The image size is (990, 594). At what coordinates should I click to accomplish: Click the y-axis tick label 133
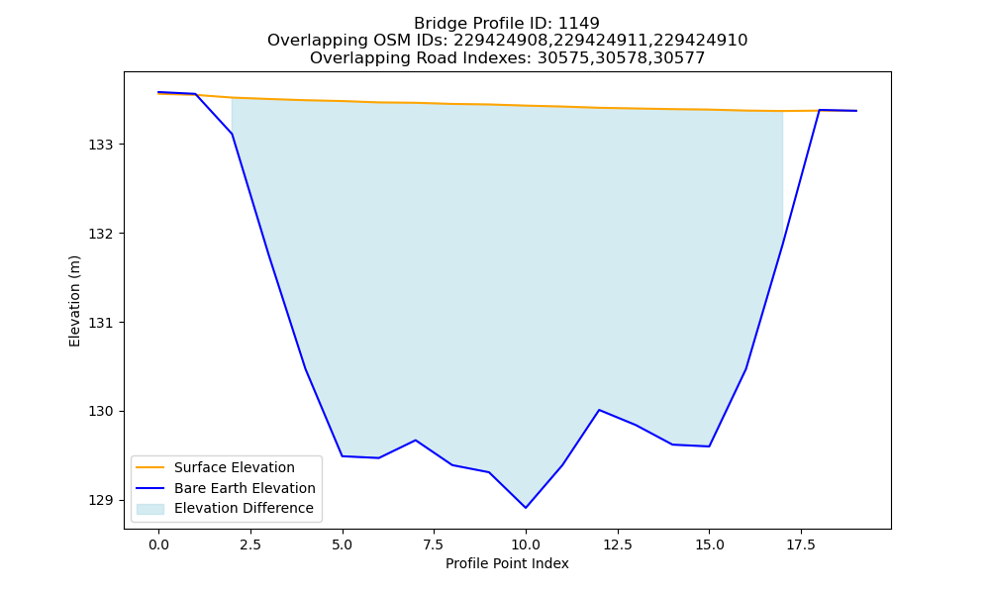click(x=102, y=145)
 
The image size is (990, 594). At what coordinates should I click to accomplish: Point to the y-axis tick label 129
click(x=102, y=501)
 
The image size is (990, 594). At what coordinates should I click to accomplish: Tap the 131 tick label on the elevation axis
click(x=102, y=323)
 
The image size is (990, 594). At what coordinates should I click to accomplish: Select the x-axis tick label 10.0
click(x=526, y=544)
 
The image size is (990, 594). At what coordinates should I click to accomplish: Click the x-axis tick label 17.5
click(x=801, y=544)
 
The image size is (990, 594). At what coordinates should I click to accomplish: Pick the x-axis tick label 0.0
click(x=158, y=544)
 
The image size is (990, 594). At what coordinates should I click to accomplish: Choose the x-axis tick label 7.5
click(x=434, y=544)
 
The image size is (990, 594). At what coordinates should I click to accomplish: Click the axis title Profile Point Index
click(x=507, y=563)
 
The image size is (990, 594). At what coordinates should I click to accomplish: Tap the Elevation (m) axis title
click(x=74, y=301)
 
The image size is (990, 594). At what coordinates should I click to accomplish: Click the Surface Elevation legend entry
click(x=235, y=467)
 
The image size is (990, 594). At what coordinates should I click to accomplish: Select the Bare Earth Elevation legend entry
click(x=245, y=488)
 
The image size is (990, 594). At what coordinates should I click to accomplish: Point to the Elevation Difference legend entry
click(x=244, y=508)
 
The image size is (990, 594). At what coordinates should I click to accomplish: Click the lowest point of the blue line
click(x=526, y=508)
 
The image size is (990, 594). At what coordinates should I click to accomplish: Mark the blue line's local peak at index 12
click(x=599, y=410)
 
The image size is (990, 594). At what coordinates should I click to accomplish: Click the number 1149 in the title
click(x=579, y=24)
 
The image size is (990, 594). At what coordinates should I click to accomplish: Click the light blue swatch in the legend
click(x=150, y=509)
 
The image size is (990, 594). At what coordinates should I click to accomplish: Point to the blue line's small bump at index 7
click(x=416, y=440)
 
